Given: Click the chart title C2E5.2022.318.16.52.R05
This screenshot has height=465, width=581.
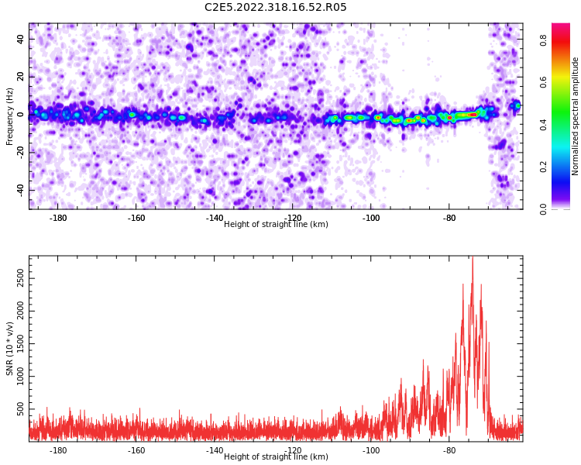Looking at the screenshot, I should click(x=275, y=8).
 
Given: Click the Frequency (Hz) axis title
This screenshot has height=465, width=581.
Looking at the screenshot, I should click(x=10, y=116).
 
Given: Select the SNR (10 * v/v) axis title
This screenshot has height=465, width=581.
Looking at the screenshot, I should click(x=10, y=349).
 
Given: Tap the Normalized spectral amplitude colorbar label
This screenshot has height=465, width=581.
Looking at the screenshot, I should click(x=576, y=116).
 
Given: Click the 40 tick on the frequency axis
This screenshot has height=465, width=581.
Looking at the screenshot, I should click(x=21, y=40).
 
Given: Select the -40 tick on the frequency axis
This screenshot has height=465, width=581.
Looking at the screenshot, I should click(x=19, y=190).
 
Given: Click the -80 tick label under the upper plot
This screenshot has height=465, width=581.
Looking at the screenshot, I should click(x=449, y=218).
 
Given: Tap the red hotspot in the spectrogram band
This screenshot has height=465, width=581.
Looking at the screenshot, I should click(x=472, y=115).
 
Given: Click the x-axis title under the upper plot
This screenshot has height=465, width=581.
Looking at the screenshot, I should click(x=276, y=225).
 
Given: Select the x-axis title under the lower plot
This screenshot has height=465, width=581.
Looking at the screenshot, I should click(x=276, y=457).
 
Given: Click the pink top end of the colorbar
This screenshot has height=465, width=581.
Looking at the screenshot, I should click(x=561, y=27).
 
